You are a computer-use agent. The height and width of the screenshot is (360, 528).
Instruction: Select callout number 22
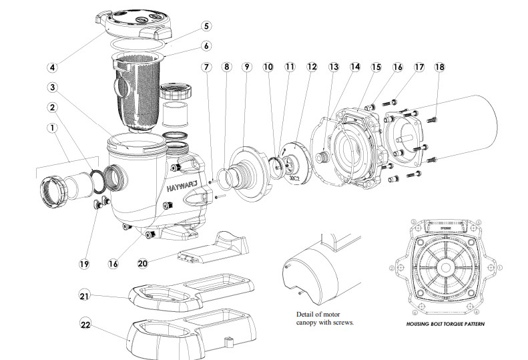point(85,325)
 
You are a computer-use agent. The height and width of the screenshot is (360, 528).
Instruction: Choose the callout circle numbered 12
point(312,67)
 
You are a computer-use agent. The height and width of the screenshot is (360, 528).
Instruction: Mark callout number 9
point(247,67)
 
